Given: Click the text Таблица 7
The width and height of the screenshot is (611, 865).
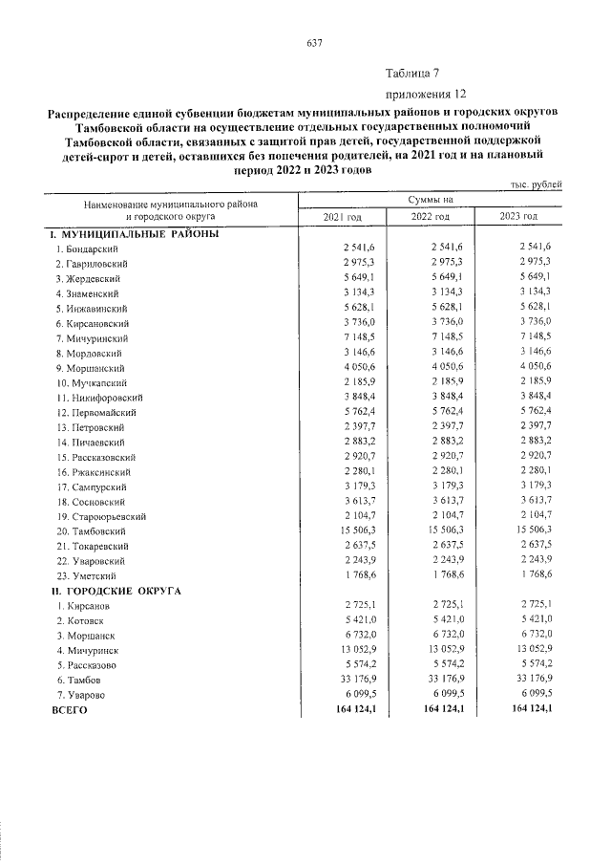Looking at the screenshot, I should (x=412, y=74).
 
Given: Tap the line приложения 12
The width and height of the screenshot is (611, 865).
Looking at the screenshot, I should (x=426, y=94).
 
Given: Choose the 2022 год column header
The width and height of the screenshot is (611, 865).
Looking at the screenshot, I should (x=430, y=219).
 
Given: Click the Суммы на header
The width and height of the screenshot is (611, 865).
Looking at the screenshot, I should (x=430, y=200).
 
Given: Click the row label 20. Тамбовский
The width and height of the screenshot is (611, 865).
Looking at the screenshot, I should (x=93, y=531).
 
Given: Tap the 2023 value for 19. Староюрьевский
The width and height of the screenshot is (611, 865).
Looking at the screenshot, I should (x=533, y=516).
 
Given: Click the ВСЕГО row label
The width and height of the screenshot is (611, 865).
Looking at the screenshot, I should (x=69, y=710).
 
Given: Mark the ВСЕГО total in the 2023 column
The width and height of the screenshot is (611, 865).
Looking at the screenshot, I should (x=533, y=710).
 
